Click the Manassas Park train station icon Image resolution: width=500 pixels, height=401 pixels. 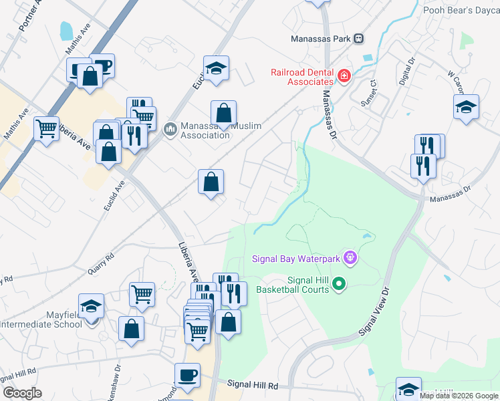pos(359,39)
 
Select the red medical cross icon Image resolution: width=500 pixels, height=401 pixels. pos(344,77)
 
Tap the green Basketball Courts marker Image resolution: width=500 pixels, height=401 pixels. pos(339,285)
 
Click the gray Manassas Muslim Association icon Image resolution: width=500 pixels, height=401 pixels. pos(170,127)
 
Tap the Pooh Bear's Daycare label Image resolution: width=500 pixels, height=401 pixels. pos(461,10)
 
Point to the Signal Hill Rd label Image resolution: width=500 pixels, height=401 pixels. pos(252,385)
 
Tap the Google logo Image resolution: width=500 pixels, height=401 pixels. pos(22,393)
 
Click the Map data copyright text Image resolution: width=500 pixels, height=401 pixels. pos(459,396)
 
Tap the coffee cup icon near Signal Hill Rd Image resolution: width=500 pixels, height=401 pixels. pos(187,375)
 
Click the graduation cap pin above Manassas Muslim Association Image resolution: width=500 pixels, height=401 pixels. pos(216,68)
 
